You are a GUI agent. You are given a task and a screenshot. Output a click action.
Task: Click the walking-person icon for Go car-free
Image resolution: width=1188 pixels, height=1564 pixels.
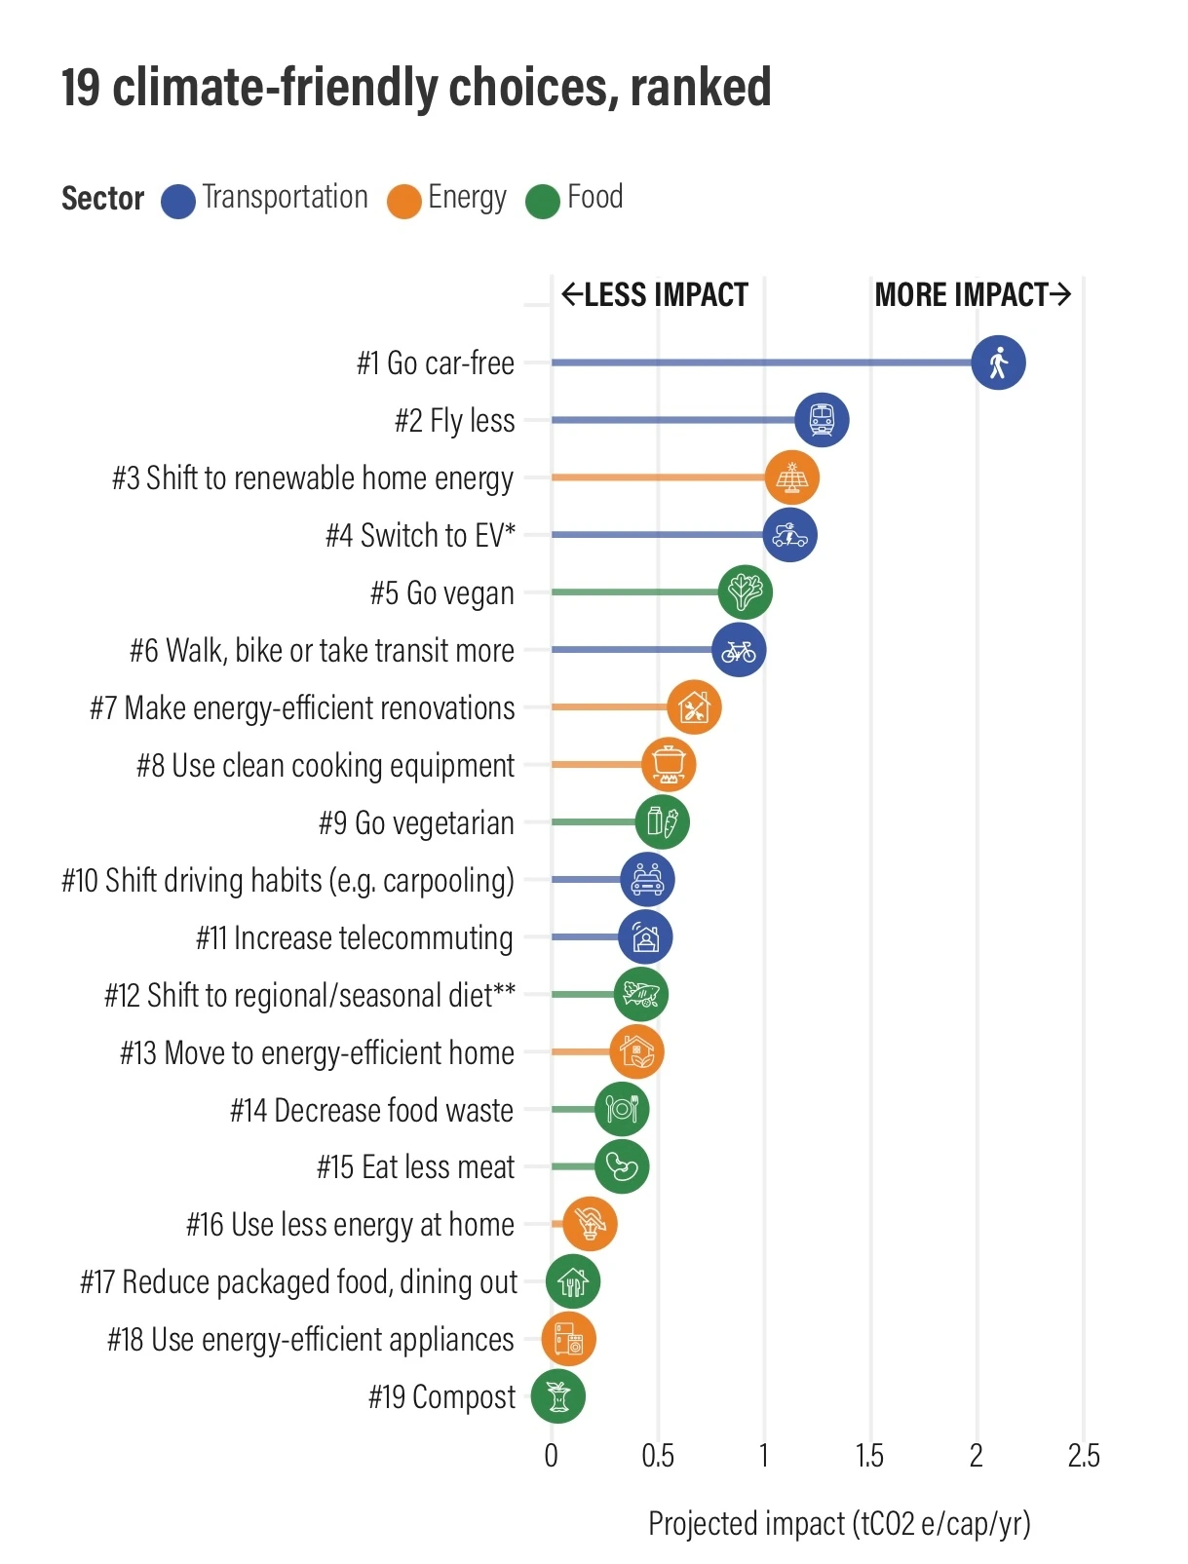(x=998, y=362)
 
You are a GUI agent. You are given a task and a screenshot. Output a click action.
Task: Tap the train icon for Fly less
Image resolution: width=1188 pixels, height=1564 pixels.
(x=822, y=420)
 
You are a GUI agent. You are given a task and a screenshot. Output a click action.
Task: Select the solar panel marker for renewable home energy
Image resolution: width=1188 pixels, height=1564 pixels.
(x=791, y=477)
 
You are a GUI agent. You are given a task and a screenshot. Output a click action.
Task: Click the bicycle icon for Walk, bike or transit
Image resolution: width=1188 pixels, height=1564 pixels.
(x=739, y=650)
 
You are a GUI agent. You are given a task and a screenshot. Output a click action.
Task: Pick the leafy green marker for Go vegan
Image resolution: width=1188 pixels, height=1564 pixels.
(x=746, y=592)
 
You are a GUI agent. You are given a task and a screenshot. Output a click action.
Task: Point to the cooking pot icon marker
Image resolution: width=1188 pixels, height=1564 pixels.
(x=669, y=764)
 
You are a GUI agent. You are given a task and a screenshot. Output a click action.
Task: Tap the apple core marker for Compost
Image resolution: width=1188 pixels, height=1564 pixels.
(x=557, y=1395)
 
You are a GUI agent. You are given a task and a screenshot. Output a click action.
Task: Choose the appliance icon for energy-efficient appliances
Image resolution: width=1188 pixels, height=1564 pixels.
(x=568, y=1339)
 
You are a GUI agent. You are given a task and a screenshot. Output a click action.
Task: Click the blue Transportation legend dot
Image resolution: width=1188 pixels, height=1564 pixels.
(x=178, y=201)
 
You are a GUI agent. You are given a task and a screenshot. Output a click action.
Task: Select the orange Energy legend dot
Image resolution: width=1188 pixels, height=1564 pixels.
(x=403, y=201)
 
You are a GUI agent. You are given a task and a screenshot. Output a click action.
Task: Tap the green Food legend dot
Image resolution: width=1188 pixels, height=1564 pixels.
(x=543, y=201)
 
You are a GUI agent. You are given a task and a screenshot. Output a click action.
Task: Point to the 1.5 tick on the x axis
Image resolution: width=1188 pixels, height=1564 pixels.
(x=869, y=1456)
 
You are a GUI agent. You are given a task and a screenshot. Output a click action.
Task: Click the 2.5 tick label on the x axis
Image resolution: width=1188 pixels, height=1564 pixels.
(x=1083, y=1456)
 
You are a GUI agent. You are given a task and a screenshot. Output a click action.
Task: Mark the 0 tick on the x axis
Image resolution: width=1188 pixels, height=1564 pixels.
(x=552, y=1456)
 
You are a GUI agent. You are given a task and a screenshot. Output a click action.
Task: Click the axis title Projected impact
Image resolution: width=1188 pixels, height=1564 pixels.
(x=839, y=1523)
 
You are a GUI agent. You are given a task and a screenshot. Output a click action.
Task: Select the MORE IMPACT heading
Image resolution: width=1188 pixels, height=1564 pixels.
(x=972, y=294)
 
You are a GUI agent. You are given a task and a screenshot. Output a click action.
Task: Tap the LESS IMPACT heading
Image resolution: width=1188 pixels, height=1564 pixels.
(x=655, y=294)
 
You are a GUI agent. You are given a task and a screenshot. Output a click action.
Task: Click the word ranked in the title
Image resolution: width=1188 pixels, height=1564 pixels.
(x=701, y=88)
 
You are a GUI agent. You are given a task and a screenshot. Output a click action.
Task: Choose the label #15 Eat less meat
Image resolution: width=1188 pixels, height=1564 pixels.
(x=415, y=1166)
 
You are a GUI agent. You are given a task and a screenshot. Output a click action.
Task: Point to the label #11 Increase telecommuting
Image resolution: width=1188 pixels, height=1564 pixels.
(x=354, y=937)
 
